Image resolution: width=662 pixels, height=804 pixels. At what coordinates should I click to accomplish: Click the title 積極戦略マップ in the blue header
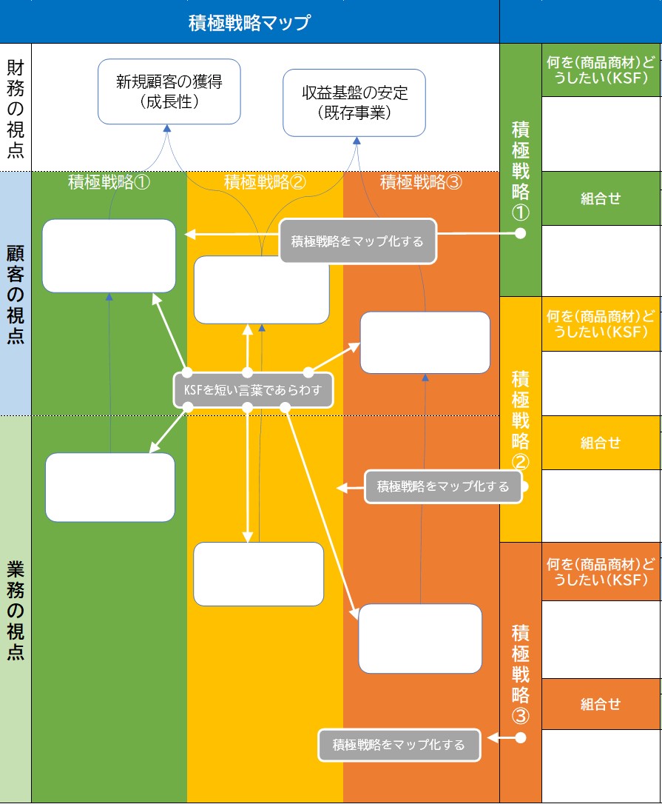click(x=249, y=22)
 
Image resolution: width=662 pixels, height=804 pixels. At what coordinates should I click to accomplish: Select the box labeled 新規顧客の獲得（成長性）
click(x=169, y=92)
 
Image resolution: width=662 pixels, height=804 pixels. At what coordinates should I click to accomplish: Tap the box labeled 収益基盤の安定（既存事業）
click(x=354, y=103)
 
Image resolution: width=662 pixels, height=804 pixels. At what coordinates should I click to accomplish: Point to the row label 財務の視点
click(x=16, y=109)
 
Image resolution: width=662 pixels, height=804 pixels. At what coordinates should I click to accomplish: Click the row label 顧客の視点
click(x=16, y=294)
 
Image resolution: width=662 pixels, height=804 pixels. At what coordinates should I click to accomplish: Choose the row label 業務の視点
click(x=16, y=609)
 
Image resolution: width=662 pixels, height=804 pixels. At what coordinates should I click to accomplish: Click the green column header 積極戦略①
click(x=109, y=182)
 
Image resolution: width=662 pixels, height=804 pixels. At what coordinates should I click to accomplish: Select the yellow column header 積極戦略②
click(x=265, y=182)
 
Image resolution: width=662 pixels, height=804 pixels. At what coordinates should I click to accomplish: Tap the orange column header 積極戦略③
click(x=421, y=182)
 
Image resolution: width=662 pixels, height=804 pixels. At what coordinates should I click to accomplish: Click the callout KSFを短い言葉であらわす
click(x=253, y=389)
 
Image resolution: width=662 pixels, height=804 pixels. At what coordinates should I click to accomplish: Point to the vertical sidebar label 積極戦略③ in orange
click(x=521, y=674)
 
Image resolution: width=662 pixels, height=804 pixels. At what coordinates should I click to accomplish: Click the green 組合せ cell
click(x=601, y=198)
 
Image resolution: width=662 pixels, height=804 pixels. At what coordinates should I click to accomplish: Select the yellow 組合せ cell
click(x=601, y=443)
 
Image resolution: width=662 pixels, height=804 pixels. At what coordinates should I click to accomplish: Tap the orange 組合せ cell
click(x=601, y=704)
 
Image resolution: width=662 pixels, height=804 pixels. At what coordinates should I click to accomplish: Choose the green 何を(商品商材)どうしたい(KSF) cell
click(x=601, y=70)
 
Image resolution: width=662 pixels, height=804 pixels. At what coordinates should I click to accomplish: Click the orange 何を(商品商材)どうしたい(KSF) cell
click(x=601, y=572)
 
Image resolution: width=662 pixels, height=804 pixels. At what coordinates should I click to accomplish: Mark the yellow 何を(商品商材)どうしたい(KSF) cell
click(x=601, y=324)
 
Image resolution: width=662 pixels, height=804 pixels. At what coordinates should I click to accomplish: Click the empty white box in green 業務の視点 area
click(x=110, y=487)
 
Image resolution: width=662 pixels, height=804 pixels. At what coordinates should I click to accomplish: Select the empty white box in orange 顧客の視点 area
click(x=425, y=343)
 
